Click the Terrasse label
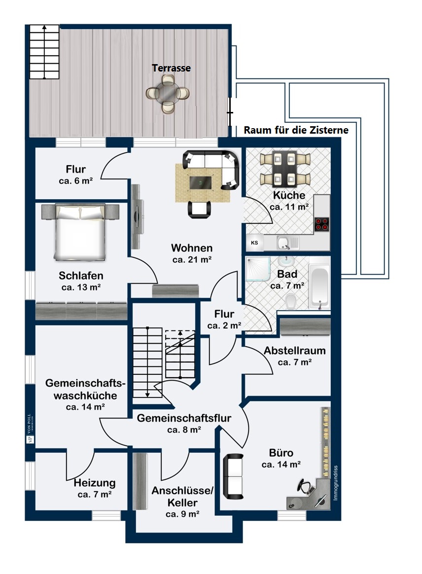[171, 68]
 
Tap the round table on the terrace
[169, 93]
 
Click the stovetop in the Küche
[322, 224]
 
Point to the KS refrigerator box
[255, 243]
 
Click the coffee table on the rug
[201, 182]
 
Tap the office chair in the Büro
[307, 487]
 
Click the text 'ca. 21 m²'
[192, 259]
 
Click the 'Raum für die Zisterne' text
[296, 131]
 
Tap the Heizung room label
[95, 483]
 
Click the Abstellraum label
[295, 351]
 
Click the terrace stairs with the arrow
[44, 52]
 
